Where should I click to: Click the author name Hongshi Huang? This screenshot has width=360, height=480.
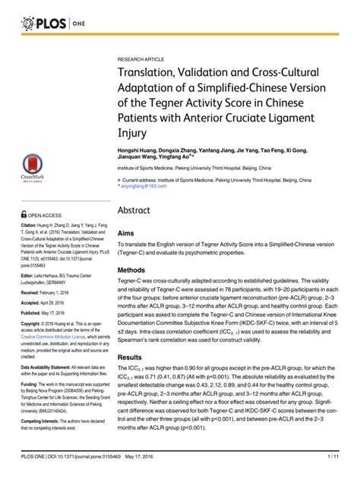coord(137,152)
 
